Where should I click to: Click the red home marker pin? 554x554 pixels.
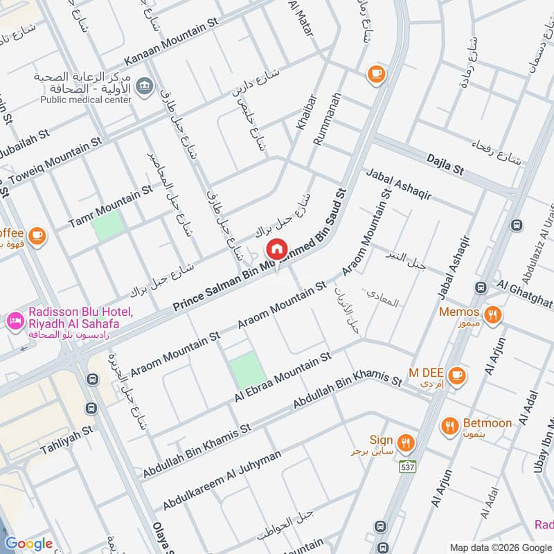pyautogui.click(x=276, y=248)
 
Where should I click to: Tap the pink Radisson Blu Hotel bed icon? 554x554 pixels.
pyautogui.click(x=13, y=321)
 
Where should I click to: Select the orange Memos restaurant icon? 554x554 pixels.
pyautogui.click(x=493, y=313)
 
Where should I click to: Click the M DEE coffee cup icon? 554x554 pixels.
pyautogui.click(x=456, y=375)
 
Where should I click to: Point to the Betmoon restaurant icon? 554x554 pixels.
pyautogui.click(x=450, y=425)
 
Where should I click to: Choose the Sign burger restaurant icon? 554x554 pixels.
pyautogui.click(x=406, y=441)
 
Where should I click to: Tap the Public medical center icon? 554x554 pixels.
pyautogui.click(x=145, y=87)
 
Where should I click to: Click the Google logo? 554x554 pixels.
pyautogui.click(x=29, y=544)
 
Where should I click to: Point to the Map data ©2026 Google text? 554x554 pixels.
pyautogui.click(x=501, y=546)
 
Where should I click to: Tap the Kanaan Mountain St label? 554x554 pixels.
pyautogui.click(x=171, y=42)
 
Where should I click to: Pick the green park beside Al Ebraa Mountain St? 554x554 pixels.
pyautogui.click(x=248, y=370)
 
